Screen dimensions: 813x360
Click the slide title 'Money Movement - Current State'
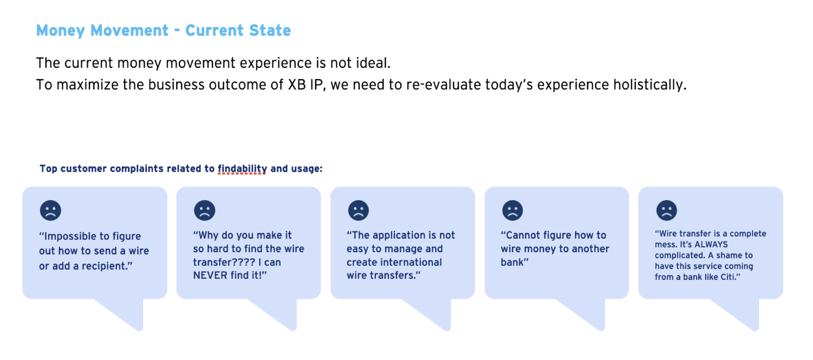pyautogui.click(x=164, y=30)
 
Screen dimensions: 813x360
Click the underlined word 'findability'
pyautogui.click(x=242, y=169)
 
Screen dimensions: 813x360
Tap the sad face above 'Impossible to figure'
pyautogui.click(x=50, y=210)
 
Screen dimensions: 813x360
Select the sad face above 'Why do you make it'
pyautogui.click(x=204, y=210)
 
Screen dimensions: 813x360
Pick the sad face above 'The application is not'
pyautogui.click(x=358, y=210)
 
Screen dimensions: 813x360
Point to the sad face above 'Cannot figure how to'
pyautogui.click(x=512, y=210)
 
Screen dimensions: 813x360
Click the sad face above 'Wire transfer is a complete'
pyautogui.click(x=666, y=210)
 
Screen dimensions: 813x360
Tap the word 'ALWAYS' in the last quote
pyautogui.click(x=711, y=244)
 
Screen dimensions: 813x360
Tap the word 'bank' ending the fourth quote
pyautogui.click(x=512, y=262)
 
